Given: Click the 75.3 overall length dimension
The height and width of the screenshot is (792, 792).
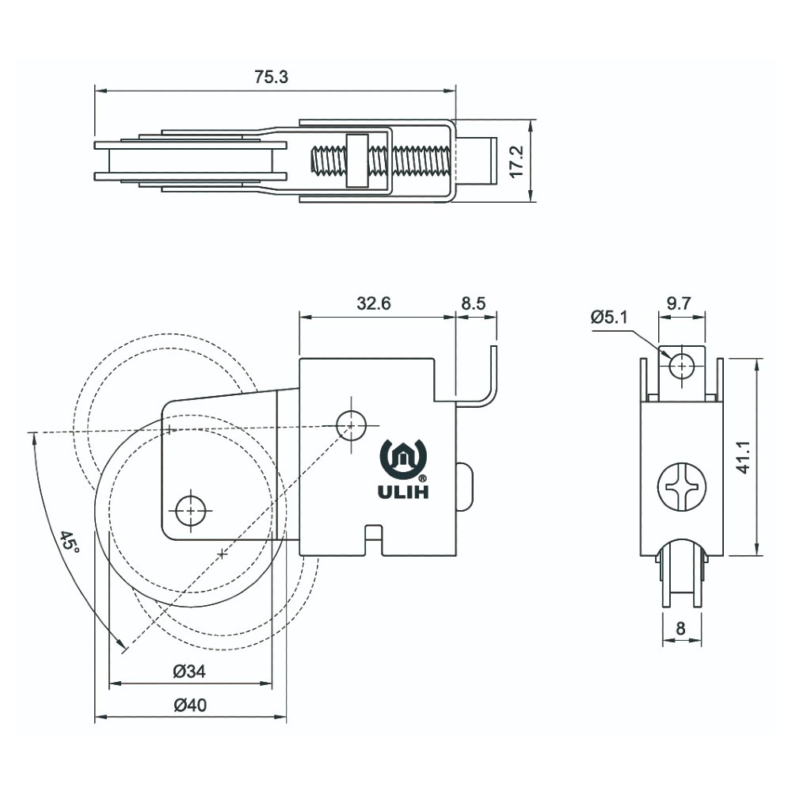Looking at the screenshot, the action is (x=271, y=77).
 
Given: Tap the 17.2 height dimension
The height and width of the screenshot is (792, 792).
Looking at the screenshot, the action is (x=516, y=162).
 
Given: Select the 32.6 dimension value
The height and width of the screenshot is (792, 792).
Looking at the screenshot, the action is (x=374, y=303).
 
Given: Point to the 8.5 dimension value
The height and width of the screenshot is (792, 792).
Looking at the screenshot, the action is (x=474, y=303).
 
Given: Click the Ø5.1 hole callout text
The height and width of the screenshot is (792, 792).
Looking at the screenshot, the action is (x=609, y=318).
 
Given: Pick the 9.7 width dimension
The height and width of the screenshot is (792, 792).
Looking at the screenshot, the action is (x=679, y=303).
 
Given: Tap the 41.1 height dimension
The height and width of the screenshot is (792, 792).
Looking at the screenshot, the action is (x=743, y=457).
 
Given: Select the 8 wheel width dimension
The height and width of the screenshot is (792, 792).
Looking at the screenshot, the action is (x=680, y=628).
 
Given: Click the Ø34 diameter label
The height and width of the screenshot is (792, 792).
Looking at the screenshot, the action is (x=189, y=672).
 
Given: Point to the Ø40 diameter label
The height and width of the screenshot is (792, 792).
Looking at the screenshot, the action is (x=190, y=705).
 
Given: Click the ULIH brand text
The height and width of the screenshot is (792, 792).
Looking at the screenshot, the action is (x=403, y=492).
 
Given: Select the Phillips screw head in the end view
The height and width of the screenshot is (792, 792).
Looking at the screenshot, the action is (x=682, y=487).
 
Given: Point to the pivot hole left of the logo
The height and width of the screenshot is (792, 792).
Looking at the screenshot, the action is (x=351, y=425).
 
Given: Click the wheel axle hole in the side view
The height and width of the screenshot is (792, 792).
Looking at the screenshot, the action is (x=190, y=511).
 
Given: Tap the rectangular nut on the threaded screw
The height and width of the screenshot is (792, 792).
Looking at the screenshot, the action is (x=357, y=161).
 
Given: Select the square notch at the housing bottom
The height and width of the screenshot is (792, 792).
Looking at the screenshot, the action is (x=373, y=540).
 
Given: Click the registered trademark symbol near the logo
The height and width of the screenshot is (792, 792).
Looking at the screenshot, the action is (x=422, y=478).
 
